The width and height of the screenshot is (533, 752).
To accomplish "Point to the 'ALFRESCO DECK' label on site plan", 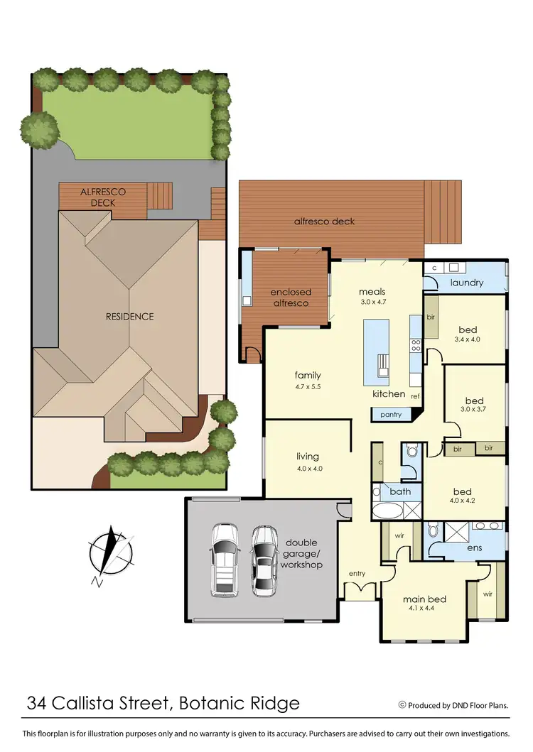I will coord(102,197).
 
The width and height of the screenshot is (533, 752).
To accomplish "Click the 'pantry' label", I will coord(391,414).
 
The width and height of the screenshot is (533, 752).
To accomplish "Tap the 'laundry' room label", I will coord(467,283).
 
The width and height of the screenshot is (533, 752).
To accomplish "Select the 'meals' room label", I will coord(372,291).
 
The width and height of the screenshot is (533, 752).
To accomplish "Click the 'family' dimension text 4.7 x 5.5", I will coord(308,388).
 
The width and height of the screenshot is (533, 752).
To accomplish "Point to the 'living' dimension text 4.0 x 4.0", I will coord(308,469).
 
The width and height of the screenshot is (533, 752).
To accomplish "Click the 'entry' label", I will coord(357,573).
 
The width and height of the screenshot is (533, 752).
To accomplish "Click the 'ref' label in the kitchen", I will coord(416,396).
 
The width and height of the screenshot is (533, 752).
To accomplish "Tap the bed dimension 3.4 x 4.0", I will coord(467,339).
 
